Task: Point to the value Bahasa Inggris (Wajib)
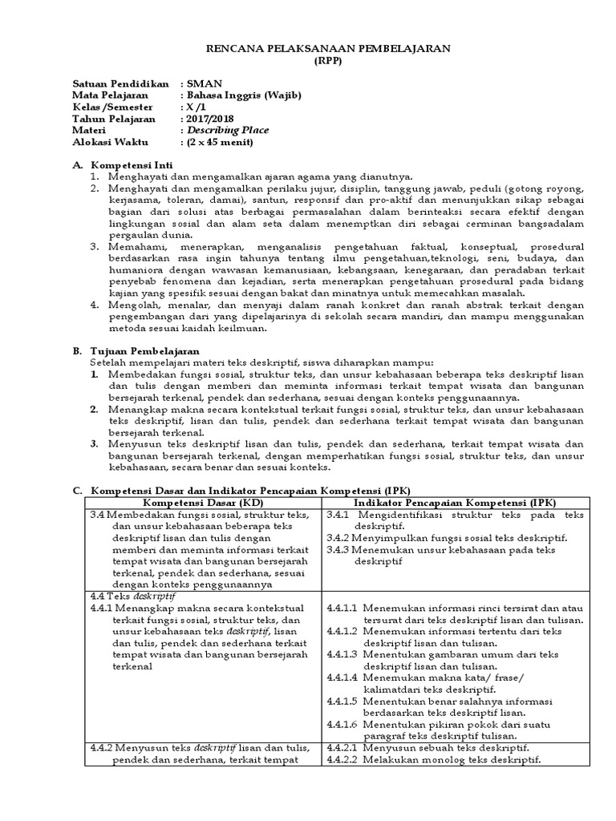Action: click(244, 95)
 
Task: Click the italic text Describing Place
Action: click(228, 131)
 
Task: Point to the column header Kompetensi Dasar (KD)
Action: click(204, 501)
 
